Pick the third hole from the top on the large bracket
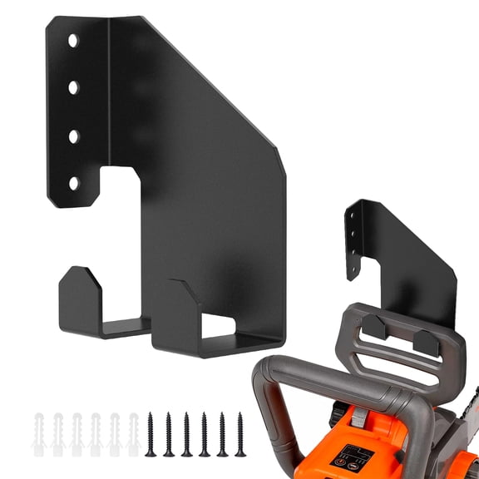tap(74, 134)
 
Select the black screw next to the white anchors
tap(151, 432)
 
